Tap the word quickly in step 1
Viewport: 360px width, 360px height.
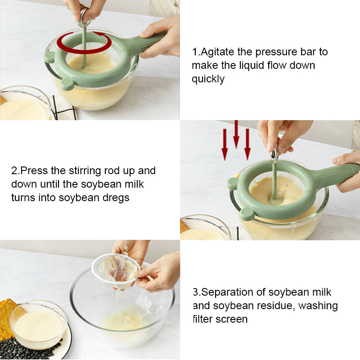point(208,79)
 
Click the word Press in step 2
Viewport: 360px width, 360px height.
point(34,171)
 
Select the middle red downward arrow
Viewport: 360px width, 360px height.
point(236,134)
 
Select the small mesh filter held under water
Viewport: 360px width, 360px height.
point(116,271)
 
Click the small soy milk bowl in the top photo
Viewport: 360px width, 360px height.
point(24,104)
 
